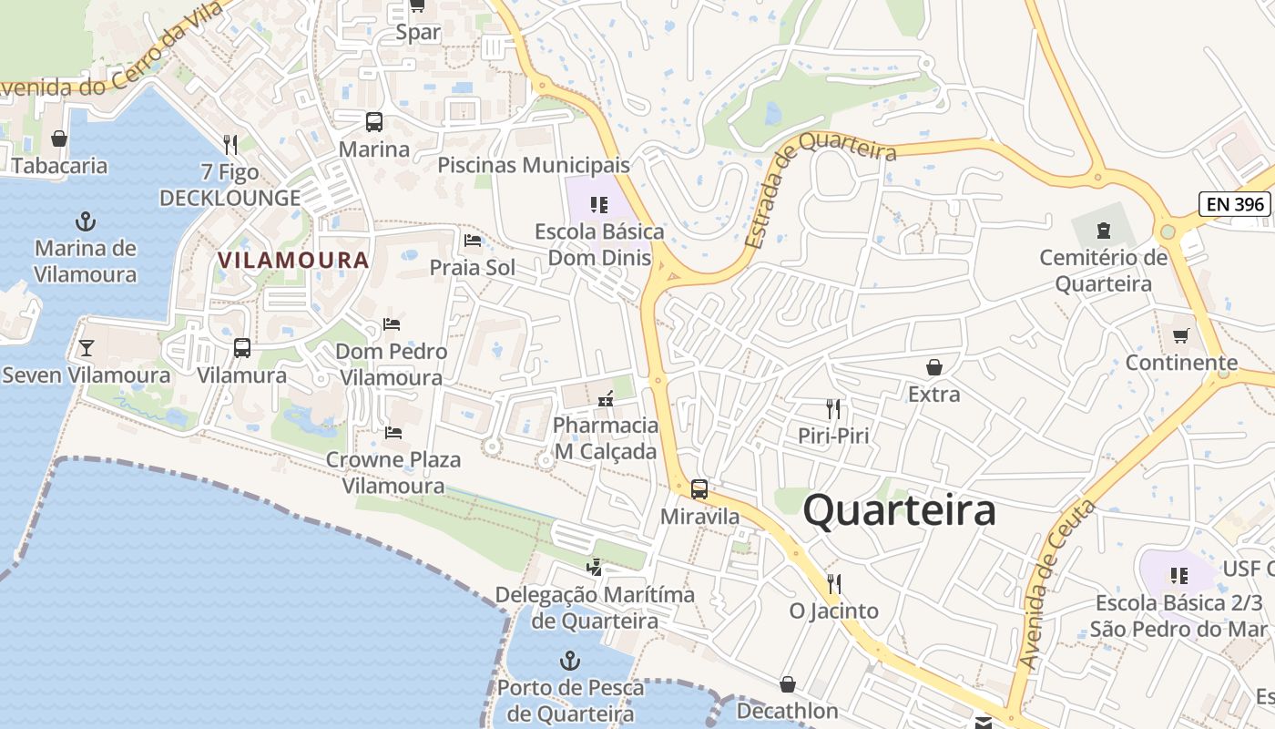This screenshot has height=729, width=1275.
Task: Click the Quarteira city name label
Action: point(899,510)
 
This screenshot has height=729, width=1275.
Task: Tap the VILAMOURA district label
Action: point(293,261)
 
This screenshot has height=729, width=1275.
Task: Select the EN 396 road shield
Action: point(1236,204)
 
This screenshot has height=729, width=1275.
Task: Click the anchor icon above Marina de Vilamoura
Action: point(86,221)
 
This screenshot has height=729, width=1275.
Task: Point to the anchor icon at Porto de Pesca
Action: point(570,661)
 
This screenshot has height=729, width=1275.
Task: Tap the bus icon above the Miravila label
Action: point(699,489)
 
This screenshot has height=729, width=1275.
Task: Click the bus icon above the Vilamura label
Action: point(242,348)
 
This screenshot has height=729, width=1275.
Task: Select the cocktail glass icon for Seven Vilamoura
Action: point(86,348)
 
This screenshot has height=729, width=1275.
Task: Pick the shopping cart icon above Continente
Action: point(1180,336)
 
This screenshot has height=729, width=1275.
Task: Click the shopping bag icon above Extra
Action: point(933,367)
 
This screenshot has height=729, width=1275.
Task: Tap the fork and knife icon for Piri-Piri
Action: point(833,408)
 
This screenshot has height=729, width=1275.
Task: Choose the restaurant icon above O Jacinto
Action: point(833,583)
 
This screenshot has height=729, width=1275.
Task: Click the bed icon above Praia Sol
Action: point(473,241)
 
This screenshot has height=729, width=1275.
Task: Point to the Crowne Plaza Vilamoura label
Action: point(393,472)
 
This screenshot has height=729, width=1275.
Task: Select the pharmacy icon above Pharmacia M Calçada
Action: point(606,398)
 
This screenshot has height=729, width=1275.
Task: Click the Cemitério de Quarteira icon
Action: point(1104,230)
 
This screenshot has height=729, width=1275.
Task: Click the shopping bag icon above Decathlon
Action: point(788,684)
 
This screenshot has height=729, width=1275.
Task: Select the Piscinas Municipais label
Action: point(534,165)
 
